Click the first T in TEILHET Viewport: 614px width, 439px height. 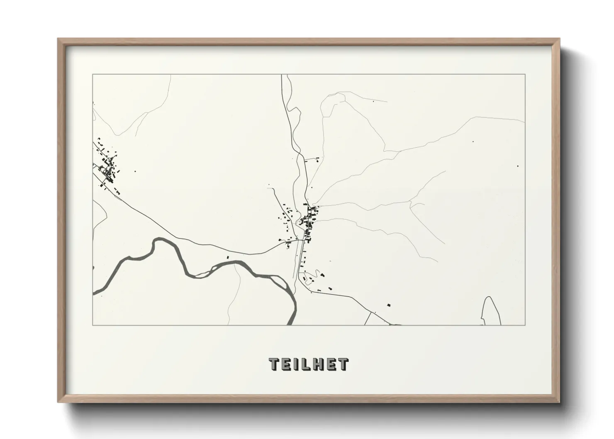coord(274,364)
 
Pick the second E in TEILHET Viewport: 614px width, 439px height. coord(332,364)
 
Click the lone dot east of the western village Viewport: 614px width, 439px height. coord(134,171)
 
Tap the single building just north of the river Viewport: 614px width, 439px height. coord(227,258)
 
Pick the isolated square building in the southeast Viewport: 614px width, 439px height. coord(389,305)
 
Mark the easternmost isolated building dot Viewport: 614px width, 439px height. coord(518,166)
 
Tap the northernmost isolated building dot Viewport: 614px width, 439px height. coord(373,101)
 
